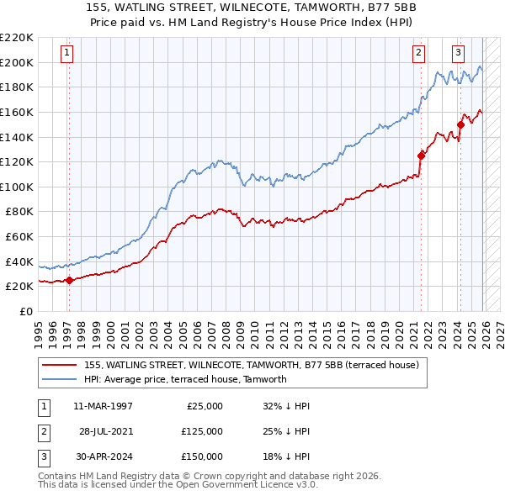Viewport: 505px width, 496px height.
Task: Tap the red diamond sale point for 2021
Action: click(x=421, y=155)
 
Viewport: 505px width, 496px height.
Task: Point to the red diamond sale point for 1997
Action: click(x=69, y=281)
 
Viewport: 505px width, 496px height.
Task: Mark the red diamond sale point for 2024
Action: click(x=460, y=124)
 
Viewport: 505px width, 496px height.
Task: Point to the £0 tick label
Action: click(x=25, y=312)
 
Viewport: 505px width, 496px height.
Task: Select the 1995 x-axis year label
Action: click(x=38, y=329)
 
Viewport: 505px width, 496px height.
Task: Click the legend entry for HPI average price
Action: click(x=185, y=379)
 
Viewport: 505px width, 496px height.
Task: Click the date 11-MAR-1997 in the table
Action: click(x=103, y=406)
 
